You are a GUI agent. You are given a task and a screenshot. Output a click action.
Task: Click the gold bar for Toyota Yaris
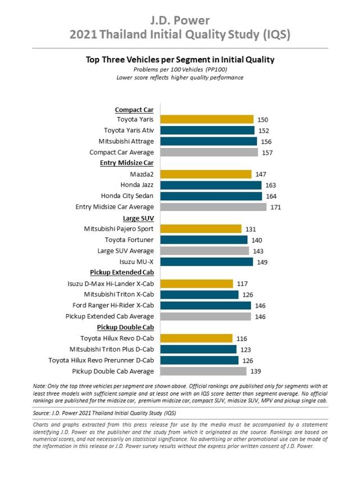pyautogui.click(x=206, y=119)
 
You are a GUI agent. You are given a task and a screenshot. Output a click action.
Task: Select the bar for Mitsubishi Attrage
pyautogui.click(x=208, y=141)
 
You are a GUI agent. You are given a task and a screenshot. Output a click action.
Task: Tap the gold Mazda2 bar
pyautogui.click(x=205, y=174)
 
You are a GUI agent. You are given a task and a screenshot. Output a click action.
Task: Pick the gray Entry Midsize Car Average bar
pyautogui.click(x=213, y=207)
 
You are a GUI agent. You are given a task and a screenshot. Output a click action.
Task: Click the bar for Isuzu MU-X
pyautogui.click(x=206, y=262)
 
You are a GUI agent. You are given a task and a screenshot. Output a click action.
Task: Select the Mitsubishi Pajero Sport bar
pyautogui.click(x=201, y=229)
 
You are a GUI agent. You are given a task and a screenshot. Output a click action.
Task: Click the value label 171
pyautogui.click(x=276, y=207)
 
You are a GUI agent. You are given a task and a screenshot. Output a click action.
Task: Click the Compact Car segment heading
pyautogui.click(x=134, y=109)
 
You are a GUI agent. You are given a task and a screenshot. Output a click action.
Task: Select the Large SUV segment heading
pyautogui.click(x=138, y=218)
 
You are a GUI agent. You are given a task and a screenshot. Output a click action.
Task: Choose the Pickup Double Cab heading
pyautogui.click(x=125, y=328)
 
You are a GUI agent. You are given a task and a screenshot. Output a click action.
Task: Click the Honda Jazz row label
pyautogui.click(x=137, y=185)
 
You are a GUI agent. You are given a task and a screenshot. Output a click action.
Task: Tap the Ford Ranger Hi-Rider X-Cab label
pyautogui.click(x=112, y=306)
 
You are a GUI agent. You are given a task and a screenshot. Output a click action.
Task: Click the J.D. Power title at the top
pyautogui.click(x=179, y=21)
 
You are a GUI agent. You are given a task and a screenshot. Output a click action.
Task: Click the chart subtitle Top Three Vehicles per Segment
pyautogui.click(x=179, y=59)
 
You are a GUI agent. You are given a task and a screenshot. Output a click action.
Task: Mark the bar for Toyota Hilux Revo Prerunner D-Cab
pyautogui.click(x=199, y=360)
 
